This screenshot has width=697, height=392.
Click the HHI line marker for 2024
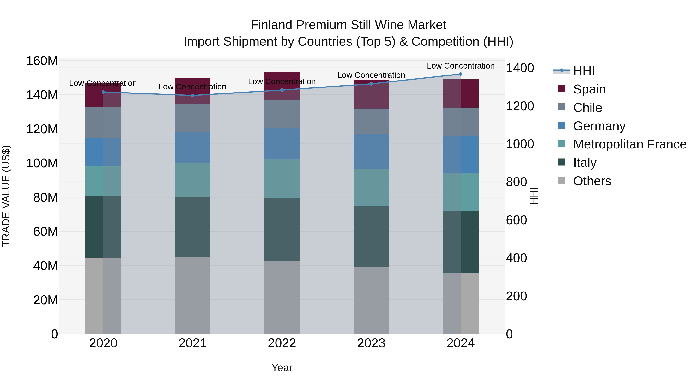461,74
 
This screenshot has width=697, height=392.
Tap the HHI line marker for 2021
193,95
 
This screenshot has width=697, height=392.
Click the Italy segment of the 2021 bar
193,227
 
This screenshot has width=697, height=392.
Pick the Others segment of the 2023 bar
371,300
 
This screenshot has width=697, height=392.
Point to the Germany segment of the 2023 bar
371,152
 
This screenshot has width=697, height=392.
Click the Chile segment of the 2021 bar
193,118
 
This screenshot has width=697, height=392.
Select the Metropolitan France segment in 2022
282,179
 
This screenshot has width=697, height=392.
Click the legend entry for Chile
587,108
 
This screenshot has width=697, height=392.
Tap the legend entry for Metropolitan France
629,144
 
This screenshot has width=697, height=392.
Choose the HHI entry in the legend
584,71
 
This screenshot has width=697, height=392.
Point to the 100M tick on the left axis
42,163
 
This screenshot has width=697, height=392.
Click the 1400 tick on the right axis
520,68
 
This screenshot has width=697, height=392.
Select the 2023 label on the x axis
371,343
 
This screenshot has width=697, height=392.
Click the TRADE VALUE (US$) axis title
6,196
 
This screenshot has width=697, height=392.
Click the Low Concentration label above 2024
461,66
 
